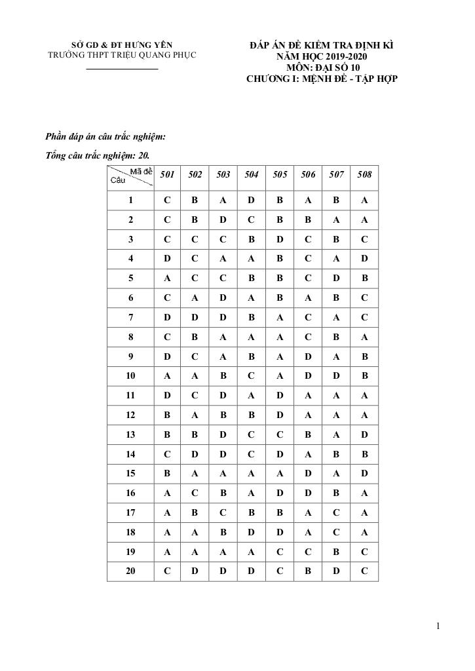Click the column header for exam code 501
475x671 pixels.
(168, 175)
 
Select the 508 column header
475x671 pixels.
(365, 175)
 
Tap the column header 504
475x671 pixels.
(252, 175)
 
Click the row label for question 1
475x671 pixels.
(131, 201)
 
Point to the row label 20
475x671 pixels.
(131, 571)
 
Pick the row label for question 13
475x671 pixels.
(131, 434)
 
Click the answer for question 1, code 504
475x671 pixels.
(252, 201)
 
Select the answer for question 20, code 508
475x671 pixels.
(365, 571)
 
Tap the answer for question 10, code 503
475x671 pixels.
(223, 376)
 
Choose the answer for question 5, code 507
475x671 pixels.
(336, 278)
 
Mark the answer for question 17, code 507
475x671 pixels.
(336, 512)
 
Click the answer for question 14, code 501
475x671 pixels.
(168, 454)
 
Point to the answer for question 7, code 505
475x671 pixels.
(280, 318)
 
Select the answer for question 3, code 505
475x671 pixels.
(280, 240)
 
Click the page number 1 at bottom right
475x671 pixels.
(438, 626)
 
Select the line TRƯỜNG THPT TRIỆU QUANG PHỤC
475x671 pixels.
(123, 56)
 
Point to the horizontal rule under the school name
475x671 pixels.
(123, 69)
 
